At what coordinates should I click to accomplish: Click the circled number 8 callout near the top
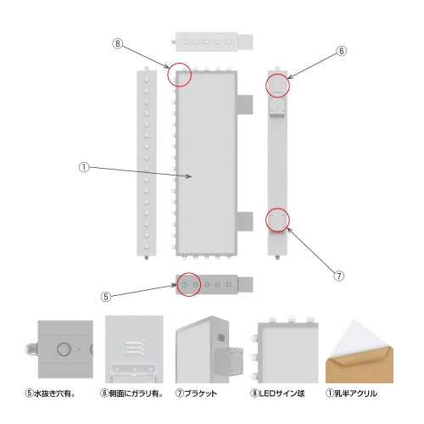tap(118, 44)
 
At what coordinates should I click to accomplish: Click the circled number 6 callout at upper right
tap(342, 51)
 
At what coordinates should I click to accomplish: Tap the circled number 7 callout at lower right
tap(339, 276)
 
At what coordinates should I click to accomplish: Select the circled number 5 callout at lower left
tap(106, 297)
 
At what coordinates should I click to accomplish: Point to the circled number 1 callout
tap(84, 167)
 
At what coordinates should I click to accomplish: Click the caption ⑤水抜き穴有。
tap(50, 393)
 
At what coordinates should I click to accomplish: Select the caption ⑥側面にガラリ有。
tap(131, 393)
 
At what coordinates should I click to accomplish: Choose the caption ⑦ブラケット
tap(196, 393)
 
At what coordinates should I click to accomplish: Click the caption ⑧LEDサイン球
tap(277, 393)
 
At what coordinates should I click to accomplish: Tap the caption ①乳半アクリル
tap(351, 393)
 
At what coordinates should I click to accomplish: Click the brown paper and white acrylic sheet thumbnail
tap(360, 351)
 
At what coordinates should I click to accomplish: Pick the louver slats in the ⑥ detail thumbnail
tap(134, 348)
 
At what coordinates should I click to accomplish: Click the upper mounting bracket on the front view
tap(245, 104)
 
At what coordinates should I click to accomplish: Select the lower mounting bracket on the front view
tap(245, 221)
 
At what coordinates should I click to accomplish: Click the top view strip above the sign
tap(214, 42)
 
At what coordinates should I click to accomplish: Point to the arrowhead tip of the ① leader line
tap(192, 176)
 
